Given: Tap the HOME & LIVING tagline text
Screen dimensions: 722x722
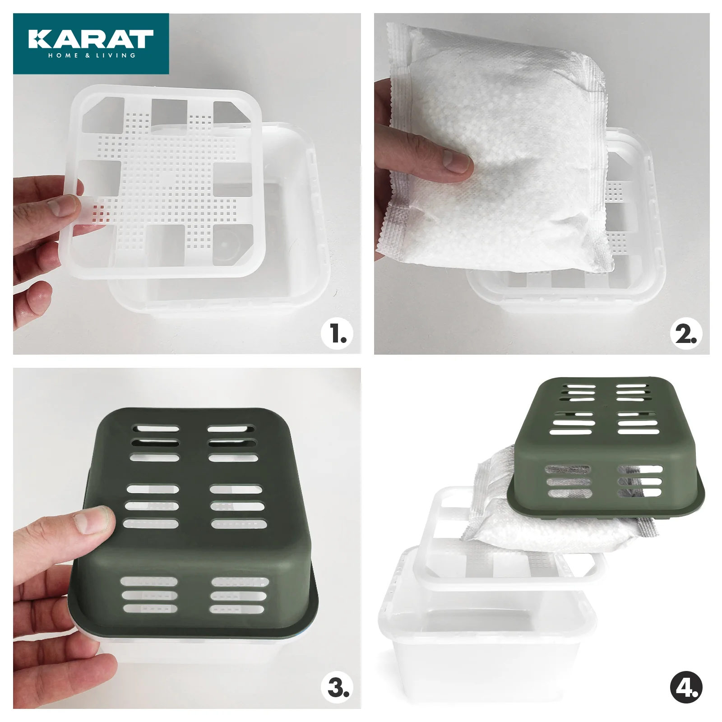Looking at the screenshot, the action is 92,56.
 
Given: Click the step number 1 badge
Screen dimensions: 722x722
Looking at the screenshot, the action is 337,334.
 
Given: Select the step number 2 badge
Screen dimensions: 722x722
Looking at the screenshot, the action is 686,334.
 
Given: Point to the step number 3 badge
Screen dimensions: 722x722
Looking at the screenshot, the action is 337,687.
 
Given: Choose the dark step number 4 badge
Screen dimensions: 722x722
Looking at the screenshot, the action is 686,687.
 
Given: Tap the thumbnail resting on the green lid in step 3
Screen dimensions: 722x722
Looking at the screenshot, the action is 92,519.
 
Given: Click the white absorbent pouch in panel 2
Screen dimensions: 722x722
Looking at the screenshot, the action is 496,149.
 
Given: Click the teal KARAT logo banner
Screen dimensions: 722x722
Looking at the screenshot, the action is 91,43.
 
